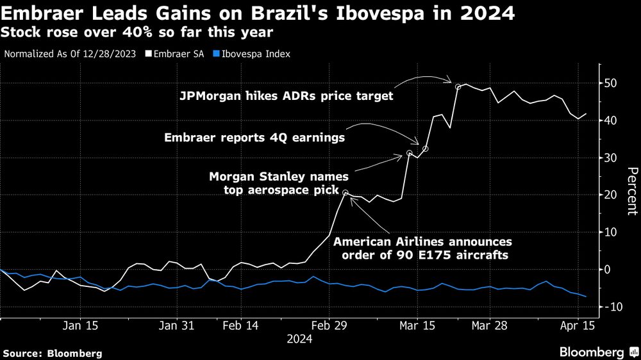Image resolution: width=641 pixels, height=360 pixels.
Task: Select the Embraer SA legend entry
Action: [171, 54]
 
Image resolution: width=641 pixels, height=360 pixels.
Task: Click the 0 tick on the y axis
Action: [612, 270]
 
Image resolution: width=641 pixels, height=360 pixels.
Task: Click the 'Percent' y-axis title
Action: [632, 191]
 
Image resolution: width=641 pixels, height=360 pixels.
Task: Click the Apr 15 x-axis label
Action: [578, 325]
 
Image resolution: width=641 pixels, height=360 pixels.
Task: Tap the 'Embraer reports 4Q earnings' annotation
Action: [254, 137]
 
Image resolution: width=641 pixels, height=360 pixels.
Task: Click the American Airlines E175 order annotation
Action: [422, 249]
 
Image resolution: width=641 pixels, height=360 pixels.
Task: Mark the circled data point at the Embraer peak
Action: [458, 86]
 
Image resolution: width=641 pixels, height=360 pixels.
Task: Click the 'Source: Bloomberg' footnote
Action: [52, 353]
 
